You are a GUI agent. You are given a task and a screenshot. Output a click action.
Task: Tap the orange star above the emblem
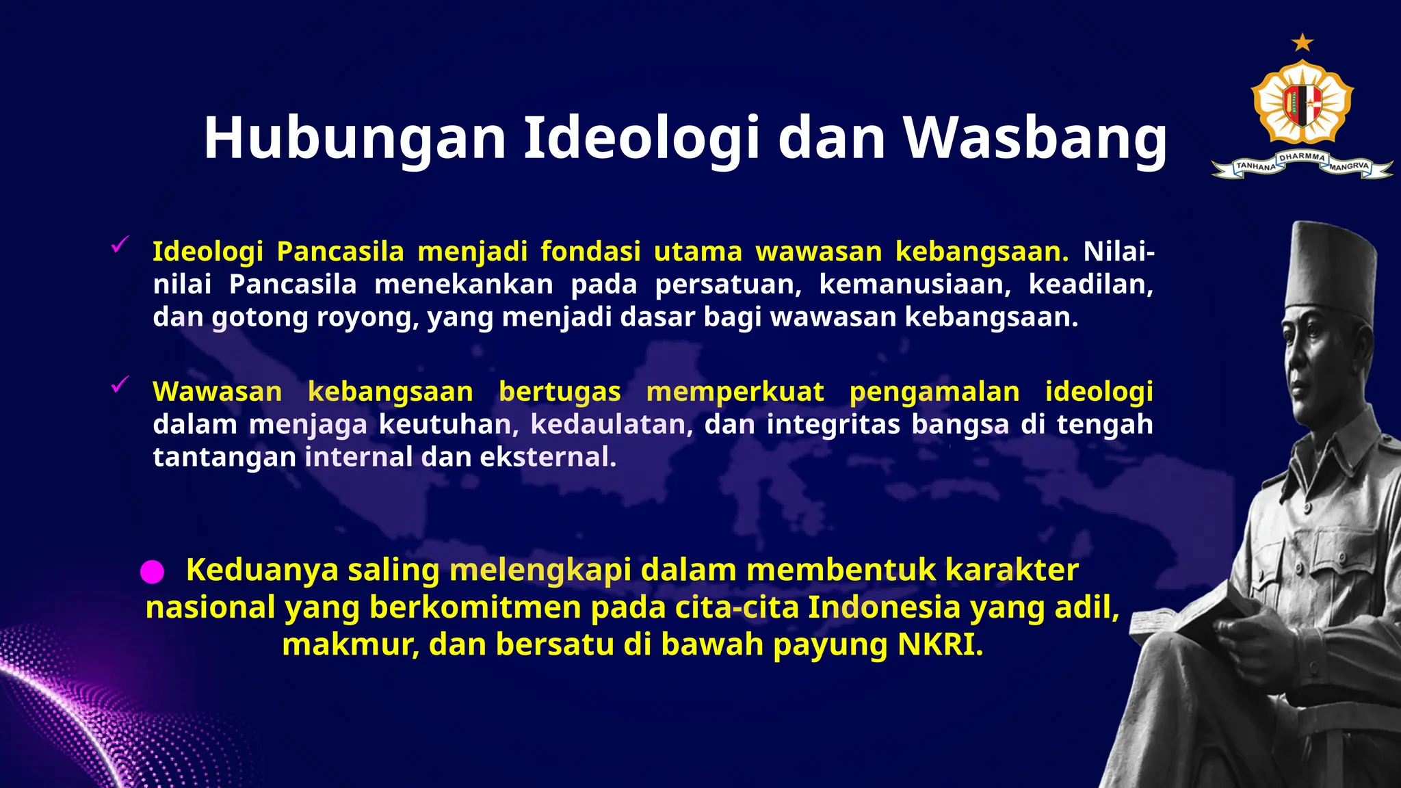tap(1302, 43)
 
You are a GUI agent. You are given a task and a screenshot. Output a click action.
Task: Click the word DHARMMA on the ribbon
tap(1302, 157)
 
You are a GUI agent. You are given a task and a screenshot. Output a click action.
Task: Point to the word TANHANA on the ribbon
tap(1256, 166)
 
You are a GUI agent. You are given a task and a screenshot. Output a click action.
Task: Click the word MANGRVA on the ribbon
tap(1349, 166)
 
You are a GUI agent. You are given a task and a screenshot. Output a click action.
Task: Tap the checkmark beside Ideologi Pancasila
tap(120, 244)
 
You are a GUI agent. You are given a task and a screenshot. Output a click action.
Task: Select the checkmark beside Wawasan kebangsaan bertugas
tap(120, 385)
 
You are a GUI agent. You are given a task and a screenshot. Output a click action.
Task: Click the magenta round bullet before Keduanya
tap(152, 572)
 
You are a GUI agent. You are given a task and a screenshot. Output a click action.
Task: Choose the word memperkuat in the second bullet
tap(735, 392)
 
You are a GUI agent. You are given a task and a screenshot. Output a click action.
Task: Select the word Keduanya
tap(262, 570)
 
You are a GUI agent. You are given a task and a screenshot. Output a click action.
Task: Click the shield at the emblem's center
tap(1302, 105)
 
